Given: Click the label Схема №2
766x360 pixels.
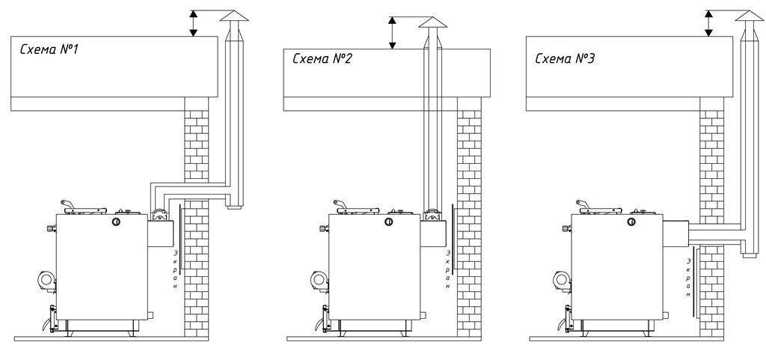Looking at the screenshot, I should [322, 58].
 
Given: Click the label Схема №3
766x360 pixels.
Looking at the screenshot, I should [565, 58].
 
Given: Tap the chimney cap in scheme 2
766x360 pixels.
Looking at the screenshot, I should [431, 23].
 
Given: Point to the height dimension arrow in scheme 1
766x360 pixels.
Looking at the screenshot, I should [194, 22].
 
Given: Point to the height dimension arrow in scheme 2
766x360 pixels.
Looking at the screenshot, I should [390, 33].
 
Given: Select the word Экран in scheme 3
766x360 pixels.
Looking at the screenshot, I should [688, 277].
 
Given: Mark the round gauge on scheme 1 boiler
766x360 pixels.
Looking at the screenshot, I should [117, 222].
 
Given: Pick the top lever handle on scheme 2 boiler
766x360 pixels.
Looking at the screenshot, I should [338, 204].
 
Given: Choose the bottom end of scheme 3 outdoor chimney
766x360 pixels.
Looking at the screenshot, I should [748, 257].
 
